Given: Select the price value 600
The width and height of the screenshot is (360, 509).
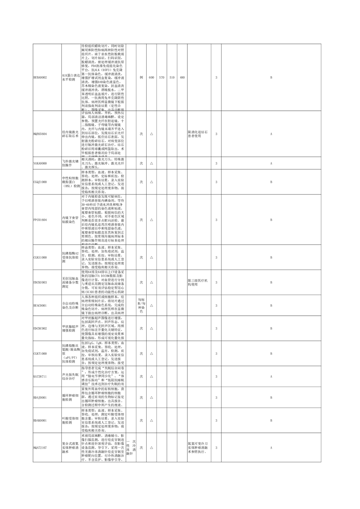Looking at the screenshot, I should tap(151, 78).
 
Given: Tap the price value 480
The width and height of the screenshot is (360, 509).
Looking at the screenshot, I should tap(182, 78).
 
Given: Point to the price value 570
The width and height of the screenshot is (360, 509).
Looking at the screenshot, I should tap(162, 78).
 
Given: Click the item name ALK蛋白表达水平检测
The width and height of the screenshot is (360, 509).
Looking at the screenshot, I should tap(71, 78).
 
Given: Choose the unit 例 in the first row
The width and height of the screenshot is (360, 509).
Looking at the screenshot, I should tap(141, 78).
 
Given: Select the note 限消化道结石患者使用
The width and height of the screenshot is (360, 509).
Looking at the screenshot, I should tap(198, 134).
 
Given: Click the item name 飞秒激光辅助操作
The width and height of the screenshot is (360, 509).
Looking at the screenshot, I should tap(71, 163).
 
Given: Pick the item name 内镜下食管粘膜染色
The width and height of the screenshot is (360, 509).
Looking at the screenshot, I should tap(71, 220).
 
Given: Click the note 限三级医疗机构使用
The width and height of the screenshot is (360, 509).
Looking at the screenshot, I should tap(198, 282).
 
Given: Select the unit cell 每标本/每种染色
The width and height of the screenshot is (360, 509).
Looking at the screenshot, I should tap(141, 306).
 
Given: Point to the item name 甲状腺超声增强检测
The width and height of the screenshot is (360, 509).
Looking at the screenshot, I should tap(71, 328).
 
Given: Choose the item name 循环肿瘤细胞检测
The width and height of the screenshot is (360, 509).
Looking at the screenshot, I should tap(71, 397).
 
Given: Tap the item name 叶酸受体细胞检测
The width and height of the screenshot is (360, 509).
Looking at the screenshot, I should tap(71, 421).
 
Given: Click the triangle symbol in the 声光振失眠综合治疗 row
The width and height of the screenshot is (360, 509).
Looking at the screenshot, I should tap(151, 376).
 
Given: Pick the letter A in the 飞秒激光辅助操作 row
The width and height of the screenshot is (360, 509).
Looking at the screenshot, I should tap(271, 163).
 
